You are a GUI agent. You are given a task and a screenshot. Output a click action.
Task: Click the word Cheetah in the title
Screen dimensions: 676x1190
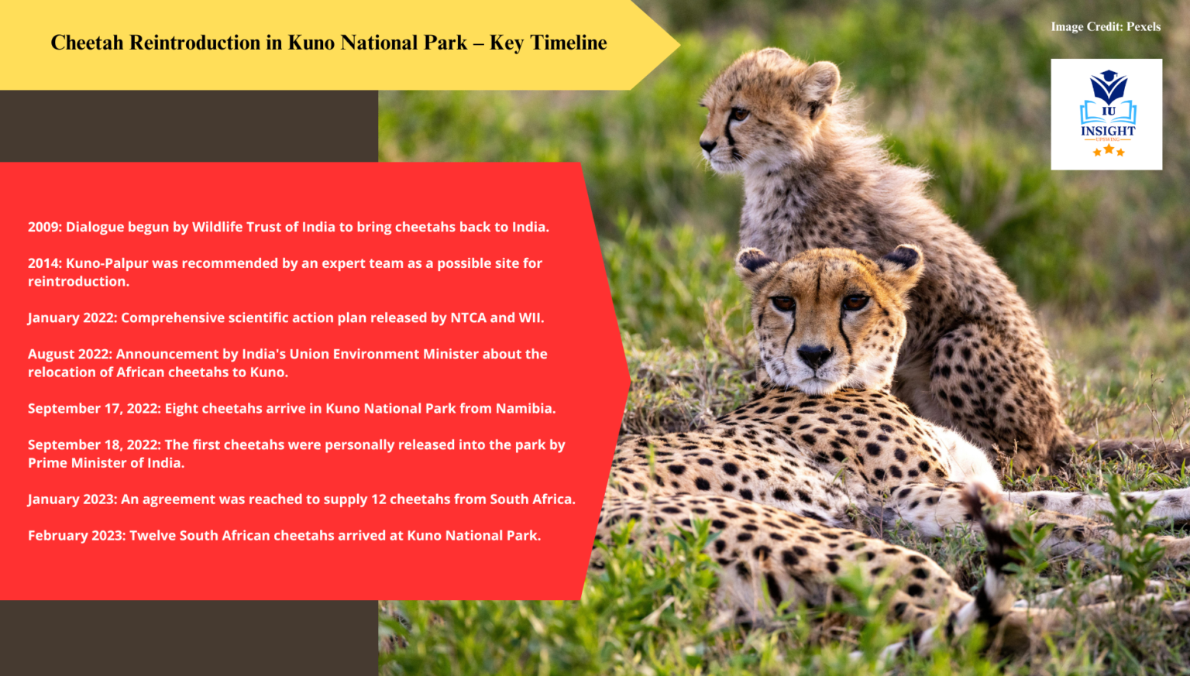click(x=87, y=43)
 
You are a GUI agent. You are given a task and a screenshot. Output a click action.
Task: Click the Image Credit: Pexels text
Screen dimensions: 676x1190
click(x=1106, y=26)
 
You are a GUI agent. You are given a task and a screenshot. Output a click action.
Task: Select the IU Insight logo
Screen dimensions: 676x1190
click(x=1106, y=114)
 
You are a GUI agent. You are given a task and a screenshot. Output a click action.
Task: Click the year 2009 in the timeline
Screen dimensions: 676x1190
click(x=44, y=227)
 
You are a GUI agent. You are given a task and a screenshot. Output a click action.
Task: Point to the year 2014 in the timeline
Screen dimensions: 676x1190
click(x=44, y=263)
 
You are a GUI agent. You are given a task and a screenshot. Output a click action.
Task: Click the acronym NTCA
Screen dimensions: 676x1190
click(x=468, y=317)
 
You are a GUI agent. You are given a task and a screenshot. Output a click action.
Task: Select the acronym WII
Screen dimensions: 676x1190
click(x=530, y=317)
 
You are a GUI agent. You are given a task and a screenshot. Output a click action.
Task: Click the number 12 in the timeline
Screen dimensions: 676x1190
click(x=378, y=499)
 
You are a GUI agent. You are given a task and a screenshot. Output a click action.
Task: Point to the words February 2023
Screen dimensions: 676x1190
click(x=76, y=535)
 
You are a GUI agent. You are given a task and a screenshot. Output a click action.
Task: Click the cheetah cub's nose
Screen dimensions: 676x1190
click(x=707, y=144)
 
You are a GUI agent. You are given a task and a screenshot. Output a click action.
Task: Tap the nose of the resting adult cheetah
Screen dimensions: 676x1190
click(x=813, y=356)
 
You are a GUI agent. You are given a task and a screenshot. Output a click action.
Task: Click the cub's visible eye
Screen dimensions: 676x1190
click(x=740, y=114)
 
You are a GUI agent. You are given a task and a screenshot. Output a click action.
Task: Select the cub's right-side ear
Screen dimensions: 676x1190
click(x=820, y=81)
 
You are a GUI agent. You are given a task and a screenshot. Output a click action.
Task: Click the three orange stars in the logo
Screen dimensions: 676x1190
click(x=1108, y=150)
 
